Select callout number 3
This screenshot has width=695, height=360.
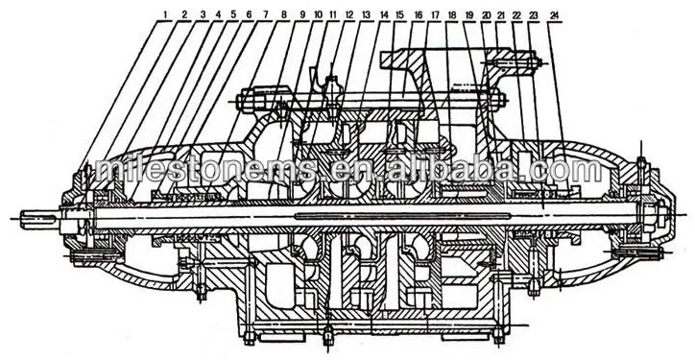pyautogui.click(x=203, y=15)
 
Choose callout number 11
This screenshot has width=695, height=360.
pyautogui.click(x=333, y=15)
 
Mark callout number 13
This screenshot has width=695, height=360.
pyautogui.click(x=367, y=15)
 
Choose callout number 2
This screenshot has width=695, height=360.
pyautogui.click(x=184, y=15)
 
